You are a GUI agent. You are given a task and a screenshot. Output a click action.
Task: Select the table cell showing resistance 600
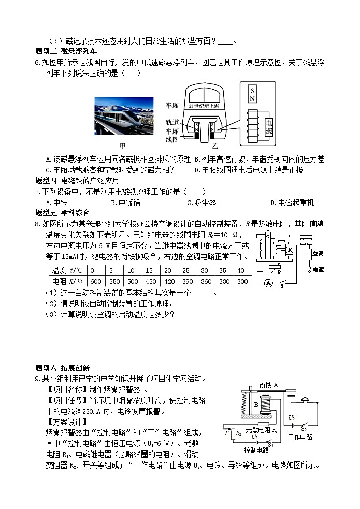click(x=95, y=281)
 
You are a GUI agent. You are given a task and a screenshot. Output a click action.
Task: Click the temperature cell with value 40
click(x=241, y=270)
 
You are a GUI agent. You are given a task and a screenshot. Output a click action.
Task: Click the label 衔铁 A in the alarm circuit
click(x=268, y=385)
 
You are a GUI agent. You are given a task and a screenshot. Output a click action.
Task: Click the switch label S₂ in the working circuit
click(x=304, y=429)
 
